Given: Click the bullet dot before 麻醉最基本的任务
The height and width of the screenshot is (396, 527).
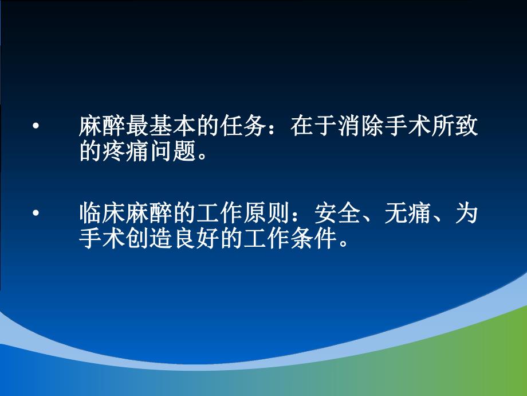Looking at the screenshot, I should (36, 126).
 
